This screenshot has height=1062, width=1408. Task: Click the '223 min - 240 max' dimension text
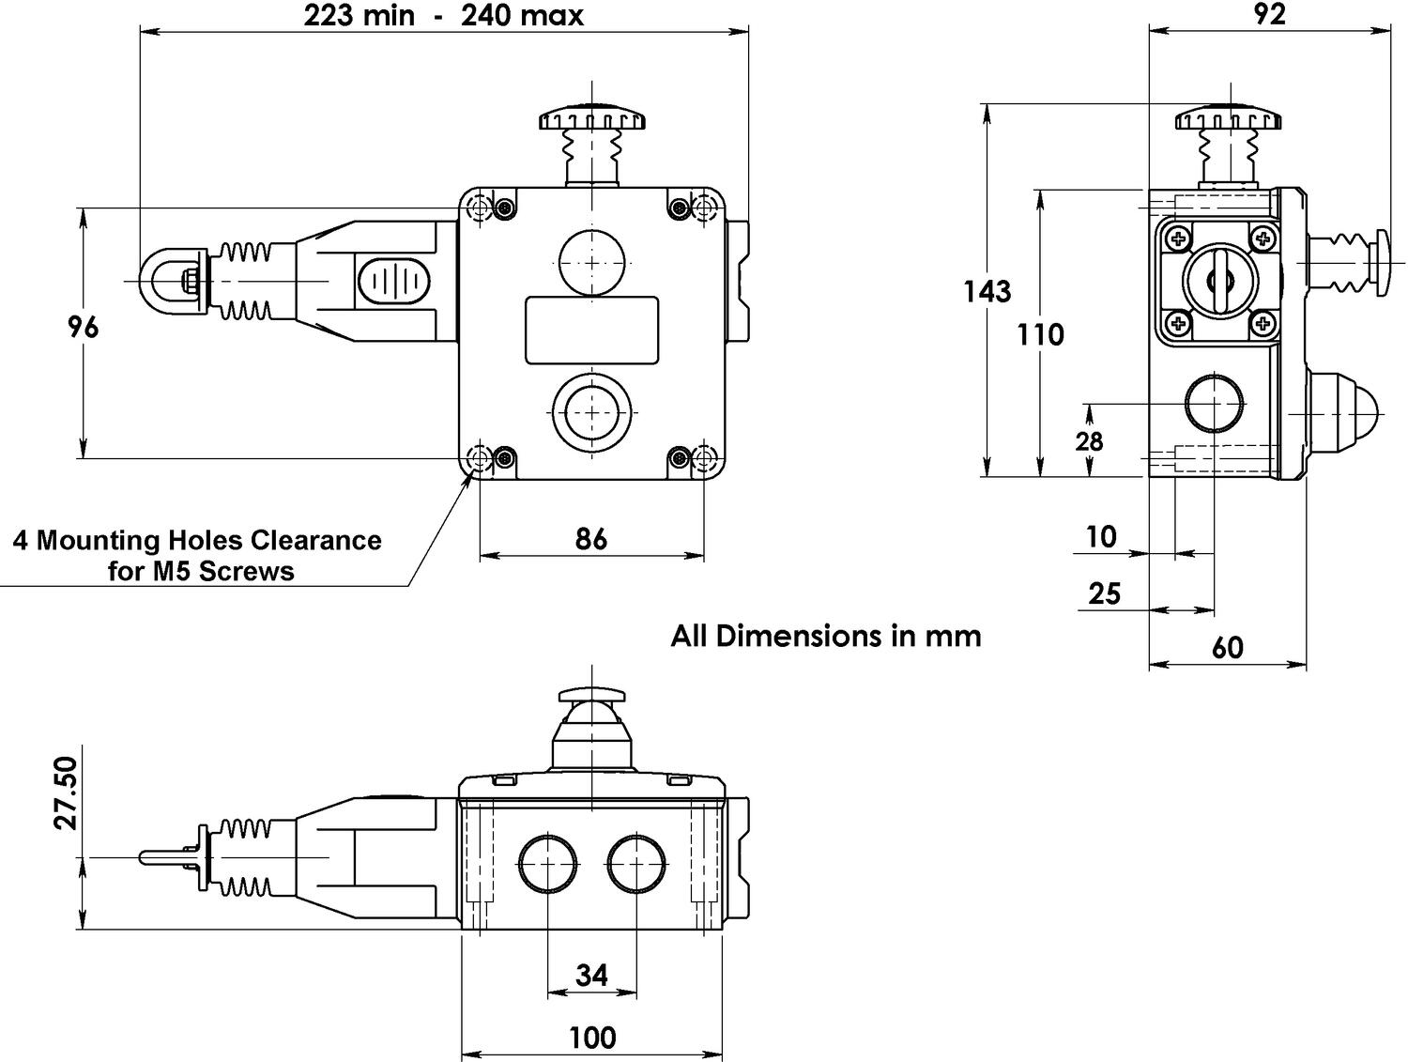click(443, 16)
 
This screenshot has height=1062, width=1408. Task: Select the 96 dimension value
click(84, 327)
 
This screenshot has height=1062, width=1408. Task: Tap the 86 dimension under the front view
click(590, 539)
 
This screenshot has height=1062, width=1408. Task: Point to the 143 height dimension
click(987, 292)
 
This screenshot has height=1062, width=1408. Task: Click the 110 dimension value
click(1040, 334)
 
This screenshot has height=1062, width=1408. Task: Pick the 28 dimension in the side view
click(1089, 440)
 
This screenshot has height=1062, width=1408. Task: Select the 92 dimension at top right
click(1269, 14)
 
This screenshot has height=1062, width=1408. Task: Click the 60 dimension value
click(1227, 647)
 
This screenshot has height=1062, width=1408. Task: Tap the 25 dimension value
click(1105, 593)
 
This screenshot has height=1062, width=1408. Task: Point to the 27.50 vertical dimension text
click(66, 793)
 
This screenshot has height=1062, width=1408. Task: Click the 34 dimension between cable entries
click(591, 976)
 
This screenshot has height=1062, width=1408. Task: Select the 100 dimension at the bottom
click(592, 1038)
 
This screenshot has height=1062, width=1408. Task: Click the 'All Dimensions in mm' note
click(825, 636)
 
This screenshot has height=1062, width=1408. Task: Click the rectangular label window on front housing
click(591, 330)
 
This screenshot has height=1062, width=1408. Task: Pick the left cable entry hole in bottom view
click(547, 863)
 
